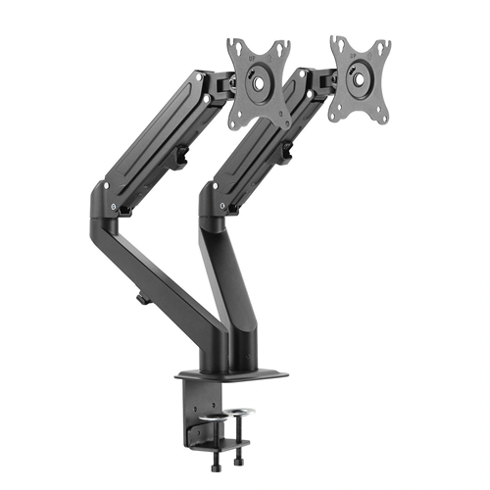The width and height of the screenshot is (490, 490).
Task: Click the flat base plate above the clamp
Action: tap(233, 373)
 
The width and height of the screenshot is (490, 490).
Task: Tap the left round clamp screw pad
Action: tap(213, 413)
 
